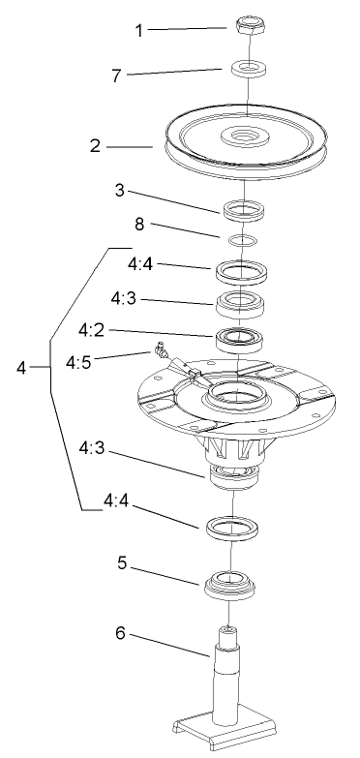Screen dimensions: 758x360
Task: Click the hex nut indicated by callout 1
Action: coord(249,24)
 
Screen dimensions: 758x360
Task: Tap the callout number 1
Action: coord(139,31)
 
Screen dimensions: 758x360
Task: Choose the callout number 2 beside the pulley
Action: coord(95,147)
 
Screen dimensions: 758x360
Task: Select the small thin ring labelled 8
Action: coord(246,238)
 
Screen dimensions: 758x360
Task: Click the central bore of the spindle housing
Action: coord(232,393)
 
